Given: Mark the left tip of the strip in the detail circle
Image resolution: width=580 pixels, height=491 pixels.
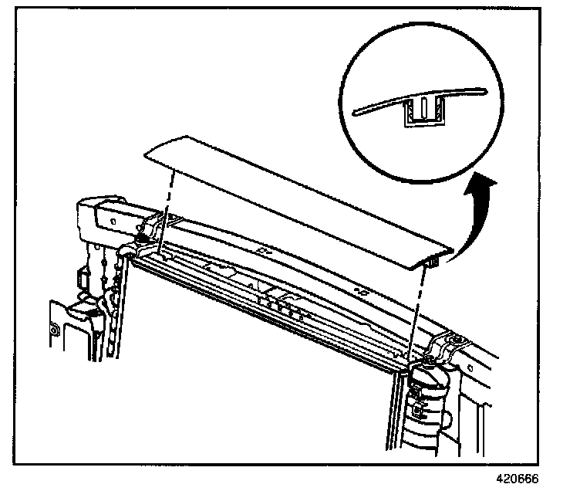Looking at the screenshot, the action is pos(356,112).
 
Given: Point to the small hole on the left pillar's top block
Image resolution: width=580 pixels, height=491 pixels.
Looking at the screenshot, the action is pos(114,219).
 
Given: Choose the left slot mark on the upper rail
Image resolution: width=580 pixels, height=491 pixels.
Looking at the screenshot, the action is pos(265,251).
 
